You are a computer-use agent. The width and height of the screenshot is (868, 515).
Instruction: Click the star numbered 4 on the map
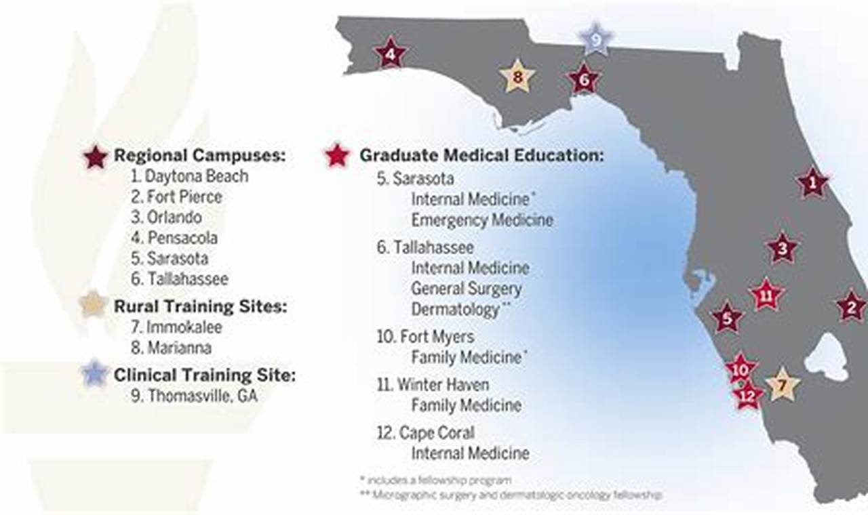click(x=390, y=53)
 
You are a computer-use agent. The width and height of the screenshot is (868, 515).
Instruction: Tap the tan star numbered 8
click(x=517, y=77)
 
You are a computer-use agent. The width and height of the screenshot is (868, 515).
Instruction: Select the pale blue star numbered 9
click(x=595, y=40)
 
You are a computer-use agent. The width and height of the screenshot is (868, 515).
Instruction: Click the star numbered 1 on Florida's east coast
click(x=812, y=182)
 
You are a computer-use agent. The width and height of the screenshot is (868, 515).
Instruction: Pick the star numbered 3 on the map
click(x=783, y=249)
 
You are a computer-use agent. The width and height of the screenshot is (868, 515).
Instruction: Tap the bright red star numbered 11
click(x=766, y=296)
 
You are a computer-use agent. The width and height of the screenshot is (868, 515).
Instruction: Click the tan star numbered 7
click(x=783, y=386)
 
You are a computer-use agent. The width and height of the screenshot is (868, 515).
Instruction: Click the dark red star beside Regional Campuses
click(x=96, y=157)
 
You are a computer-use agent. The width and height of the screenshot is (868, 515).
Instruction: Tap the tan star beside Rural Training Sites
click(x=94, y=306)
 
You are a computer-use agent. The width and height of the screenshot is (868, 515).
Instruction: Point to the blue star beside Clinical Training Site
click(x=94, y=374)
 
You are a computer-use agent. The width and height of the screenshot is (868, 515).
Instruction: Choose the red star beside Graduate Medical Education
click(x=336, y=155)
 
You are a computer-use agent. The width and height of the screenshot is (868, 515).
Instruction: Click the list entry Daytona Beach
click(x=190, y=176)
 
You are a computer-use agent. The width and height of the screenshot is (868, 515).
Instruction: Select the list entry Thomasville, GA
click(x=195, y=396)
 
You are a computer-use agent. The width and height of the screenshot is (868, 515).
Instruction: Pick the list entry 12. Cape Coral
click(x=426, y=432)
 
